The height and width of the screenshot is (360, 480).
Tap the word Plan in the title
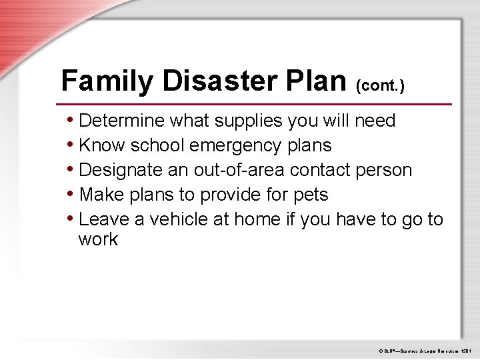click(x=315, y=81)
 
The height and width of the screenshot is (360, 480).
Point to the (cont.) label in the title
click(x=380, y=85)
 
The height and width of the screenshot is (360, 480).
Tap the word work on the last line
click(x=98, y=240)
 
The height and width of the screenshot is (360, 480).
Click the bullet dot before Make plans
click(x=71, y=195)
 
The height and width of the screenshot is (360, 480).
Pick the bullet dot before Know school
click(x=71, y=145)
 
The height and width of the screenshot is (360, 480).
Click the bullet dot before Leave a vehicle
click(x=71, y=219)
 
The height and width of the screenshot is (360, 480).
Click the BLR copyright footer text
click(x=425, y=350)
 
